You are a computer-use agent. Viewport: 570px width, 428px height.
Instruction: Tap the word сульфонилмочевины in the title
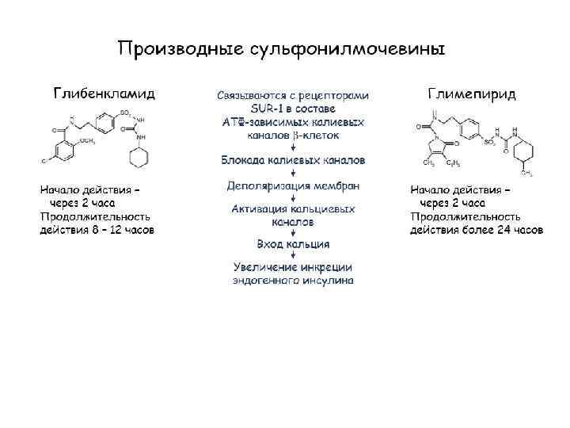pyautogui.click(x=347, y=49)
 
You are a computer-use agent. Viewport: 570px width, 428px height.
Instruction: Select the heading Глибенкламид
pyautogui.click(x=104, y=94)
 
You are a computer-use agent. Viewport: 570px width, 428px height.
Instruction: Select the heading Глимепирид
pyautogui.click(x=472, y=94)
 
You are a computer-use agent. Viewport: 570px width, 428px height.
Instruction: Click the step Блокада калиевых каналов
pyautogui.click(x=293, y=160)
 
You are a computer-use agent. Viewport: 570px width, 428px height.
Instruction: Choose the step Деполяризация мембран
pyautogui.click(x=293, y=186)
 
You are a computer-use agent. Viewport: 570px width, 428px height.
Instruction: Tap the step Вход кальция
pyautogui.click(x=293, y=244)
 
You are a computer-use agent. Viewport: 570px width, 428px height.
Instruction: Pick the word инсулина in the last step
pyautogui.click(x=327, y=281)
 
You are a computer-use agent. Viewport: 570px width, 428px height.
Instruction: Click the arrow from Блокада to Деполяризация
pyautogui.click(x=293, y=174)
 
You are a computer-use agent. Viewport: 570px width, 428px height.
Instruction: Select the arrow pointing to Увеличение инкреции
pyautogui.click(x=293, y=256)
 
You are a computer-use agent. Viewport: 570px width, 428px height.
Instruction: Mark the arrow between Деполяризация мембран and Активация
pyautogui.click(x=293, y=198)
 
